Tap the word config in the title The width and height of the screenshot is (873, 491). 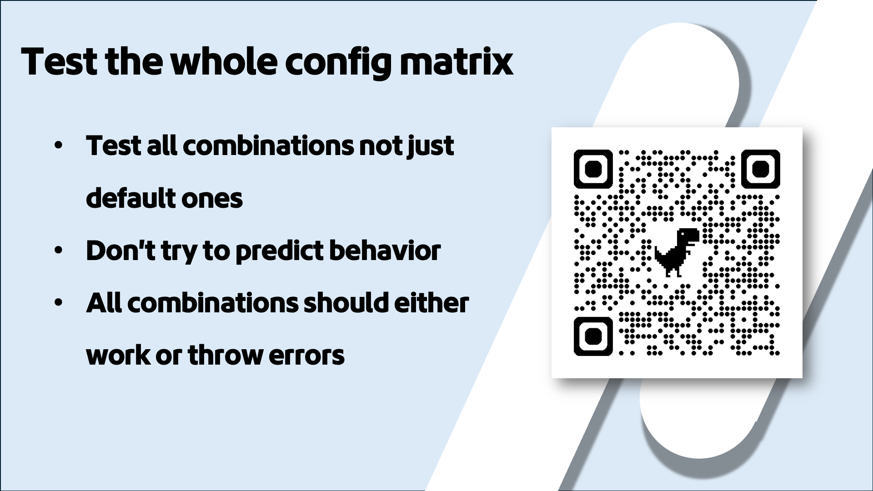[338, 63]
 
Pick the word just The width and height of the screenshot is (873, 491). [431, 146]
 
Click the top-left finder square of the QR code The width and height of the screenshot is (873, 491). [593, 169]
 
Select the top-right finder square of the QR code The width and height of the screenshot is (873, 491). [761, 169]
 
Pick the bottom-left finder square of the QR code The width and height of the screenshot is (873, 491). [593, 336]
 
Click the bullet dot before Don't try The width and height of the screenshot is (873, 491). [58, 251]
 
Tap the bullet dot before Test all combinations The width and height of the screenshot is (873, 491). [58, 146]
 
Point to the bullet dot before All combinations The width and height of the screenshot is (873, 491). [58, 303]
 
